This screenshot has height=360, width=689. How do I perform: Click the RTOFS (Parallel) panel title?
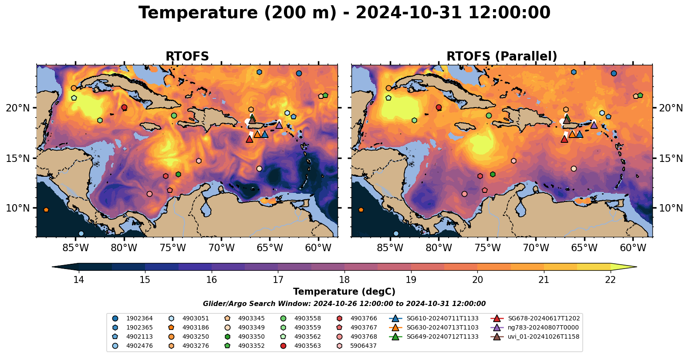click(x=502, y=57)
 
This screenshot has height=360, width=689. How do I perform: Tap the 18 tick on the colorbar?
click(x=344, y=279)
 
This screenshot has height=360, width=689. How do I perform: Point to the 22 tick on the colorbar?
click(x=610, y=279)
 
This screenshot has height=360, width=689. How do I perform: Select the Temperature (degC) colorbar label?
click(x=344, y=292)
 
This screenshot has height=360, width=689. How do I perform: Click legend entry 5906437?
click(x=363, y=346)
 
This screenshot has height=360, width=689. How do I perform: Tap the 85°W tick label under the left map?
click(x=75, y=248)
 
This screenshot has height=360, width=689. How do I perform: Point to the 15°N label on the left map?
click(x=18, y=158)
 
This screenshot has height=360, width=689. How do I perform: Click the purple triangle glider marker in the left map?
click(x=279, y=125)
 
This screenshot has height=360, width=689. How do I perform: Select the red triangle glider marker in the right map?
click(x=564, y=139)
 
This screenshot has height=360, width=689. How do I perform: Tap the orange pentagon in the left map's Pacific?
click(x=46, y=210)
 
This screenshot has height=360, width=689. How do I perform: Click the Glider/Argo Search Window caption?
click(x=344, y=304)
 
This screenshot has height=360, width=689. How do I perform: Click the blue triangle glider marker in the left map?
click(x=265, y=134)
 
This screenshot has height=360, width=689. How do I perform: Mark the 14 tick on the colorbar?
click(x=78, y=279)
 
